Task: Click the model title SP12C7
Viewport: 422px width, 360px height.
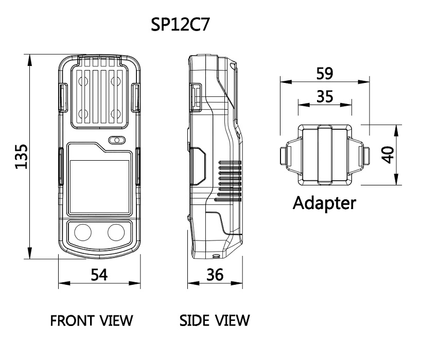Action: point(180,25)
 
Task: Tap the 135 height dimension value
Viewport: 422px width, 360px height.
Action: point(21,157)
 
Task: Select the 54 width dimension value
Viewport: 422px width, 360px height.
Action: point(99,275)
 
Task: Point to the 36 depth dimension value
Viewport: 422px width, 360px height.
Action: point(215,275)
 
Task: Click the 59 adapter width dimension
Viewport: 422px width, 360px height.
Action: point(325,74)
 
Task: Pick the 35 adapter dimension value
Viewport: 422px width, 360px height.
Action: point(325,96)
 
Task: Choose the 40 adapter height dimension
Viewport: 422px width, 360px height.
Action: point(389,155)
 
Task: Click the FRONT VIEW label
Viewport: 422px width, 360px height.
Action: point(92,320)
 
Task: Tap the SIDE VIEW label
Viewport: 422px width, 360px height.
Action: point(215,320)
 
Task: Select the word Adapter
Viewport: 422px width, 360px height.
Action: point(324,203)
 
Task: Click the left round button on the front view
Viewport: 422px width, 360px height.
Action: point(83,232)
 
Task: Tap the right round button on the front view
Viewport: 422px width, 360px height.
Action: point(116,232)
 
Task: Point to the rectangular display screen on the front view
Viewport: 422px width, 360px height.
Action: point(99,186)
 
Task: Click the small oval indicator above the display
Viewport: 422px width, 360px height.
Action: point(117,140)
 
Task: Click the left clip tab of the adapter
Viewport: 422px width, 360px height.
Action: point(285,156)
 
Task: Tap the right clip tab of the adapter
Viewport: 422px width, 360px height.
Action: point(364,156)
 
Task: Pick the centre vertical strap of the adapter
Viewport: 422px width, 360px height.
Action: point(325,155)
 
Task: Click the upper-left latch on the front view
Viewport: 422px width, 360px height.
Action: point(63,97)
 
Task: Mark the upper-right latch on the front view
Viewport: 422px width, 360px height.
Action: point(135,97)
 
